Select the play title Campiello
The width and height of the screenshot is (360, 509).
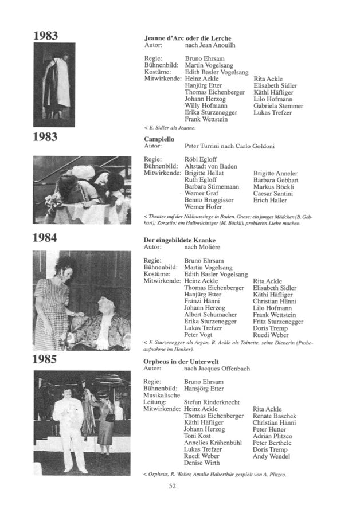[x=159, y=139]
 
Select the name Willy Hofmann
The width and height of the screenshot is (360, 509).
[x=206, y=106]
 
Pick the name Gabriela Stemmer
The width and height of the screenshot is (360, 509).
[x=278, y=106]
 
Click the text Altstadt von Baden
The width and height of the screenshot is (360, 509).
[x=210, y=166]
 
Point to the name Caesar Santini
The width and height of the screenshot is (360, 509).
[x=274, y=194]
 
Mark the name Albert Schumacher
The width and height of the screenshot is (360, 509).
[x=210, y=315]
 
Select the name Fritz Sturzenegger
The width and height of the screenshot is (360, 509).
[x=278, y=322]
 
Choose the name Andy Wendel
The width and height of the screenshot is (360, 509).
[x=271, y=456]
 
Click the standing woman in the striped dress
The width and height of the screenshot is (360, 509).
[x=52, y=304]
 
